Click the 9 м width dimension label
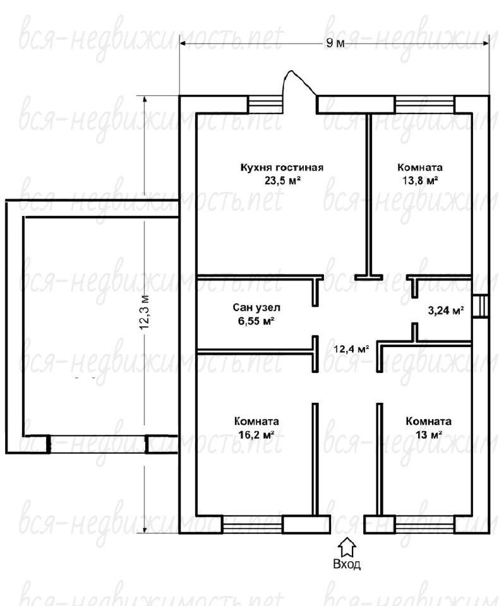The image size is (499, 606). [335, 42]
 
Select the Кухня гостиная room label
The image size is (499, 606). [282, 168]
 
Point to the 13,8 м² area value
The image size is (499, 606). [420, 181]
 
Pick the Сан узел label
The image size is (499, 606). [256, 307]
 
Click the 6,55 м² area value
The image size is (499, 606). [256, 321]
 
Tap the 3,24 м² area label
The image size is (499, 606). [446, 311]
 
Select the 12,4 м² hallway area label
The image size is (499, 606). [351, 349]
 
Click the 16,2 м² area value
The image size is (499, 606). [256, 435]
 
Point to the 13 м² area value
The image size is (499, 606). [429, 435]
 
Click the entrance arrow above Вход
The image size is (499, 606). [347, 547]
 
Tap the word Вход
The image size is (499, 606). [347, 564]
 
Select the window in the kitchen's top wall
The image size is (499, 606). [265, 104]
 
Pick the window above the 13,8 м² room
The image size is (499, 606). [424, 104]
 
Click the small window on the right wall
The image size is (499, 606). [481, 307]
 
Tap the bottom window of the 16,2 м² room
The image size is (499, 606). [253, 525]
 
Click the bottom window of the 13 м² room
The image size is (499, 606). [424, 525]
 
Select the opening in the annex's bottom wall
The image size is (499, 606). [97, 444]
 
